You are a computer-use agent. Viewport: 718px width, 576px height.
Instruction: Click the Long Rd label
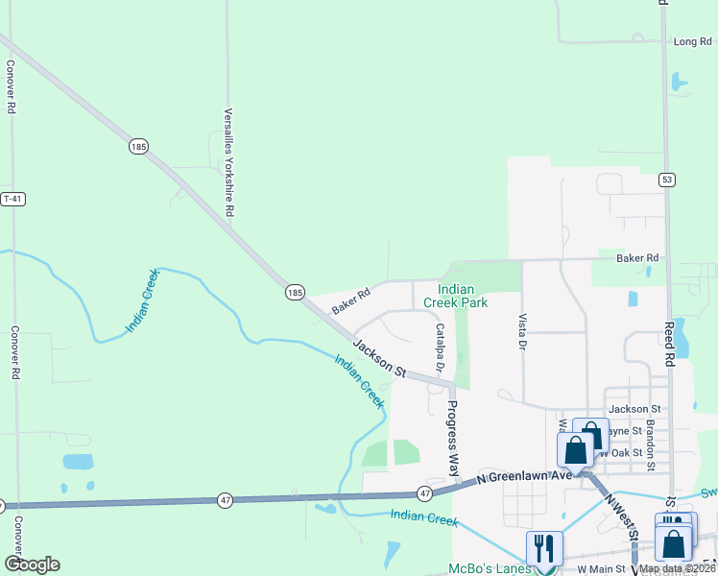click(692, 41)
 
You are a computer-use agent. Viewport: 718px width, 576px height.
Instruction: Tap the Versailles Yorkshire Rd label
click(229, 162)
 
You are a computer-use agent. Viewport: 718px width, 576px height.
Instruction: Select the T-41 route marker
click(12, 199)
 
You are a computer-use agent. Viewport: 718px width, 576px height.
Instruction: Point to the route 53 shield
click(666, 180)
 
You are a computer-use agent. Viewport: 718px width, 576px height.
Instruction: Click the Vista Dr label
click(523, 330)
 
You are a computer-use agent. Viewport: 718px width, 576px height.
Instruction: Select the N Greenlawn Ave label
click(524, 476)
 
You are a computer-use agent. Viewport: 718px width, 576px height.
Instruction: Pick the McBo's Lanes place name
click(486, 567)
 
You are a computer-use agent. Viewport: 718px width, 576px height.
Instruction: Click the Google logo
click(32, 564)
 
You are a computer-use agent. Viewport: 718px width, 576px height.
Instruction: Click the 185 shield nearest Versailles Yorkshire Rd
click(139, 147)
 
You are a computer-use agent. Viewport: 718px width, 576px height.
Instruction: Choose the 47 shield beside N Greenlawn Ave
click(425, 493)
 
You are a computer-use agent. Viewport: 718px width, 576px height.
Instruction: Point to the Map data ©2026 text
click(675, 568)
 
